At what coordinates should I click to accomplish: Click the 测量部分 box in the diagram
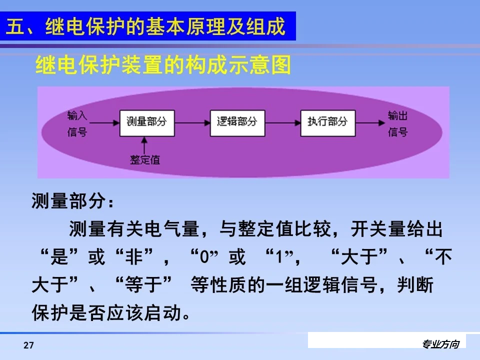[x=146, y=122]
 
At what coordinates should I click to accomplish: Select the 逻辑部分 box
[x=237, y=122]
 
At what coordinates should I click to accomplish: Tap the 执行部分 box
[x=327, y=122]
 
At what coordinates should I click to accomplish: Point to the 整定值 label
[x=144, y=159]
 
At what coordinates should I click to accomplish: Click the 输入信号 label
[x=77, y=124]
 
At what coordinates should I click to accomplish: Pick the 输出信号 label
[x=397, y=124]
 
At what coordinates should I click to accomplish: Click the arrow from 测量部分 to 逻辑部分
[x=192, y=122]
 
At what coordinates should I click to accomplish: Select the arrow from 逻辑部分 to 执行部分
[x=282, y=122]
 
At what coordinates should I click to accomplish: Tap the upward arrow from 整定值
[x=145, y=145]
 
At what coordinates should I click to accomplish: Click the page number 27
[x=28, y=345]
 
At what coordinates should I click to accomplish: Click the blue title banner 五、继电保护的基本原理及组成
[x=148, y=26]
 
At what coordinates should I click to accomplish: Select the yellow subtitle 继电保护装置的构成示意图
[x=163, y=65]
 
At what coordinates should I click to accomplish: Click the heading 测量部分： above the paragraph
[x=73, y=202]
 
